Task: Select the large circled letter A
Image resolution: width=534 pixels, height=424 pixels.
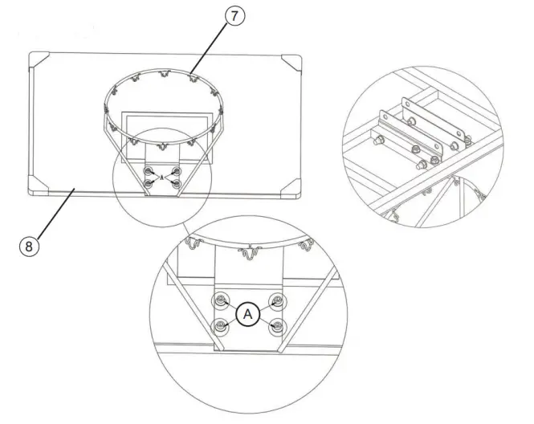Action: coord(248,314)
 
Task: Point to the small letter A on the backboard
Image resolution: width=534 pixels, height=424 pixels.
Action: coord(162,176)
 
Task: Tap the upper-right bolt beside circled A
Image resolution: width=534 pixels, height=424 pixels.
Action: coord(277,302)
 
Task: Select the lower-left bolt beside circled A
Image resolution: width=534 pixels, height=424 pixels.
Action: coord(219,327)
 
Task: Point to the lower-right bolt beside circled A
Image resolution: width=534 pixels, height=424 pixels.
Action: coord(277,327)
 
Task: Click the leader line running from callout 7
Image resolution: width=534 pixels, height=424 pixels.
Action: coord(210,48)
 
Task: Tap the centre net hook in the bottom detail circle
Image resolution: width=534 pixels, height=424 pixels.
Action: coord(248,255)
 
